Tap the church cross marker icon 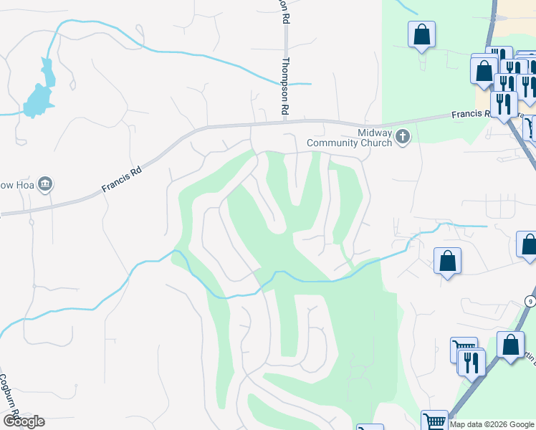[403, 135]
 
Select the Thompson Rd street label [285, 86]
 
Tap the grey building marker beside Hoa [45, 185]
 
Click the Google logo [23, 421]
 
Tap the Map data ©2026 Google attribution [492, 424]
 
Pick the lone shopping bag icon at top [422, 34]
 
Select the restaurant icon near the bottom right [471, 361]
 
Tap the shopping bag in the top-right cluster [484, 71]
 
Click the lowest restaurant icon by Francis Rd [504, 104]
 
